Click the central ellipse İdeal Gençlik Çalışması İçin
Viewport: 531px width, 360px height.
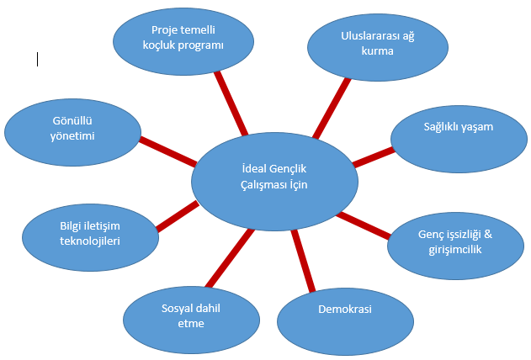[x=274, y=182]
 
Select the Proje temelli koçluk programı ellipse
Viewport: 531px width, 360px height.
[x=183, y=41]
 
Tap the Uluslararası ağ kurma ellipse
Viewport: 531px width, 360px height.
[x=378, y=47]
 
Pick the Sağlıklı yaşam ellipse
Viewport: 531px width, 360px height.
[x=459, y=139]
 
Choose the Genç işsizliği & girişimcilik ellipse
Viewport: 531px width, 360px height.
[x=455, y=246]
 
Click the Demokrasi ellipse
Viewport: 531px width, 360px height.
[x=345, y=322]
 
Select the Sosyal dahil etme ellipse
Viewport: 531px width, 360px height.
[x=191, y=320]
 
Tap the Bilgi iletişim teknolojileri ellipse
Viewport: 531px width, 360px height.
[x=90, y=237]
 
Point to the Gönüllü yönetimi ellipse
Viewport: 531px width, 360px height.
[x=73, y=132]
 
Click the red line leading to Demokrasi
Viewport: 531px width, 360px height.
[x=303, y=261]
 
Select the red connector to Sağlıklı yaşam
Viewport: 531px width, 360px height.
[x=373, y=157]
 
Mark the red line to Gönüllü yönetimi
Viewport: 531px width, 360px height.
[x=168, y=151]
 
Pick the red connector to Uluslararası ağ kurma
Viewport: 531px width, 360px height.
[x=332, y=109]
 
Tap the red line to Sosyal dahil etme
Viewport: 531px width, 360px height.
[x=230, y=258]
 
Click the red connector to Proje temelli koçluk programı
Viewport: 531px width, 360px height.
[x=231, y=103]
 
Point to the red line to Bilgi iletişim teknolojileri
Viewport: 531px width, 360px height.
[x=178, y=216]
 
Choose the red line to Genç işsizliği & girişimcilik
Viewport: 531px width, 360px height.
[x=363, y=225]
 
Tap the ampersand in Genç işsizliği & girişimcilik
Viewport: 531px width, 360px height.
[x=488, y=234]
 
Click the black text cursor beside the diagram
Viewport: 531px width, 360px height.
[x=37, y=59]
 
